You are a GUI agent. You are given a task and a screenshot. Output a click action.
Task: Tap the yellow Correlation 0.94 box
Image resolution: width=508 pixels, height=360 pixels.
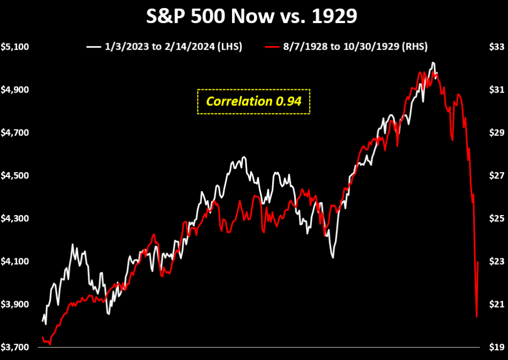[253, 101]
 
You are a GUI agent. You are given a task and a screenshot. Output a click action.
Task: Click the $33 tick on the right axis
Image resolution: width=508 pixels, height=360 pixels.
[497, 47]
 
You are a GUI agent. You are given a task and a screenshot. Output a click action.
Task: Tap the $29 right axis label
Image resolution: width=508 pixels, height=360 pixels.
[497, 133]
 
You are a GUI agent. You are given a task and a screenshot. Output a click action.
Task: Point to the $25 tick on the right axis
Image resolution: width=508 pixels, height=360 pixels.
[497, 218]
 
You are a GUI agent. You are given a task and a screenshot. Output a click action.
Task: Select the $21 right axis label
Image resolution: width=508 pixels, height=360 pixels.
[497, 304]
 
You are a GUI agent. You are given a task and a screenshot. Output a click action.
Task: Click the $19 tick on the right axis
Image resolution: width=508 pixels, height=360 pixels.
[497, 347]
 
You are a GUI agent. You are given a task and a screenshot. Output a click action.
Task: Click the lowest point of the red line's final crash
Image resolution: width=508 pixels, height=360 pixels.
[476, 317]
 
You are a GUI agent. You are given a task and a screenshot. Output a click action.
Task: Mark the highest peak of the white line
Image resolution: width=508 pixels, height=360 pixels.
[433, 63]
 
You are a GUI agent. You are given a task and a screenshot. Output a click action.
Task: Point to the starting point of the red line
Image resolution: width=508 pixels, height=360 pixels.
[42, 337]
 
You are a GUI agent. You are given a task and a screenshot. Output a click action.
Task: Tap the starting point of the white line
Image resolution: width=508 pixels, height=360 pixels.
[43, 321]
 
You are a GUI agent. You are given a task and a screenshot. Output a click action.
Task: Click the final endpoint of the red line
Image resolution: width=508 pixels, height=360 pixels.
[478, 262]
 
